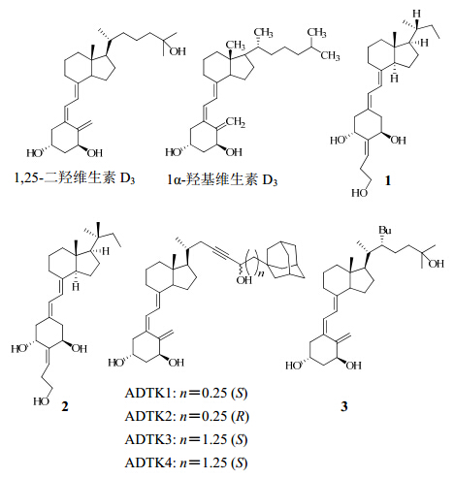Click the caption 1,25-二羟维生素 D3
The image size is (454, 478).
[x=74, y=178]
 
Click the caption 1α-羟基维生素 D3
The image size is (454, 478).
[x=222, y=179]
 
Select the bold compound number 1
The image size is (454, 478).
[x=388, y=180]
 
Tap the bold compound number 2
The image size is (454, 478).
[x=65, y=406]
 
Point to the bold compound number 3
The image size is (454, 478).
[x=344, y=406]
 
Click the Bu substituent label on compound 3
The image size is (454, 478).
[x=385, y=230]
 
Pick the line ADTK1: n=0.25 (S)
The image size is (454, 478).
[x=186, y=393]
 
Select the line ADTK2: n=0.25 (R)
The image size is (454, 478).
[x=187, y=416]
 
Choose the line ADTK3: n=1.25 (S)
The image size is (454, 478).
[x=186, y=439]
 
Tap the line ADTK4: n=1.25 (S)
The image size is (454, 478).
[x=186, y=462]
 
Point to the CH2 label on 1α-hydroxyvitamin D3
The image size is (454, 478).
[x=236, y=122]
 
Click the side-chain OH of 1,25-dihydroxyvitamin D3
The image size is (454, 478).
[x=178, y=51]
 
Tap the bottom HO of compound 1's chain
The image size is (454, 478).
[x=360, y=193]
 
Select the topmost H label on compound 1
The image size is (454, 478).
[x=417, y=14]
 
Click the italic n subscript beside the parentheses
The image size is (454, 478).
[x=261, y=273]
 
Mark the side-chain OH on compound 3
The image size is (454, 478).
[x=437, y=264]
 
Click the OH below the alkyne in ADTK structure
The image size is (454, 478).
[x=244, y=280]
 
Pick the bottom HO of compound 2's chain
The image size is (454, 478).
[x=41, y=401]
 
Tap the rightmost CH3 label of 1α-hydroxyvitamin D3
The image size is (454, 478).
[x=330, y=55]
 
